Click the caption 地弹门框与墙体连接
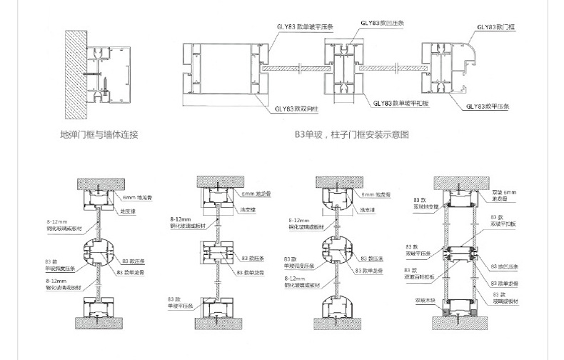coord(99,134)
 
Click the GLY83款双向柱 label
coord(293,109)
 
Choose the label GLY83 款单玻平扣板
coord(401,104)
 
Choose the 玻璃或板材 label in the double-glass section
coord(503,299)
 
